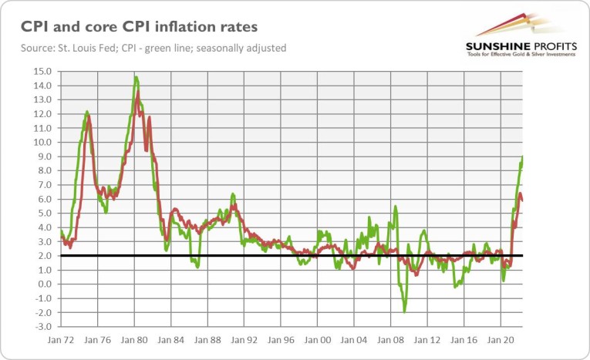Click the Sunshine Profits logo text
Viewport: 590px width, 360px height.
click(x=521, y=47)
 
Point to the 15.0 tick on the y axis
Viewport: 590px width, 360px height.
click(x=43, y=72)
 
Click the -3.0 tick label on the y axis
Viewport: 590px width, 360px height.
click(x=43, y=327)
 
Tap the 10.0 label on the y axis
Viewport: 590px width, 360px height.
click(x=43, y=143)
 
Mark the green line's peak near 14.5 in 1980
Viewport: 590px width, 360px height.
click(x=136, y=77)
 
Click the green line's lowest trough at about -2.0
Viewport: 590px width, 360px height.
click(x=404, y=311)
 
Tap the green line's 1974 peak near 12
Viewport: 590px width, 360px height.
click(x=86, y=112)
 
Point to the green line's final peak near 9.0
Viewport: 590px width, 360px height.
click(x=522, y=157)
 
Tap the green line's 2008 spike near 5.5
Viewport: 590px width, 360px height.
click(x=396, y=206)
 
